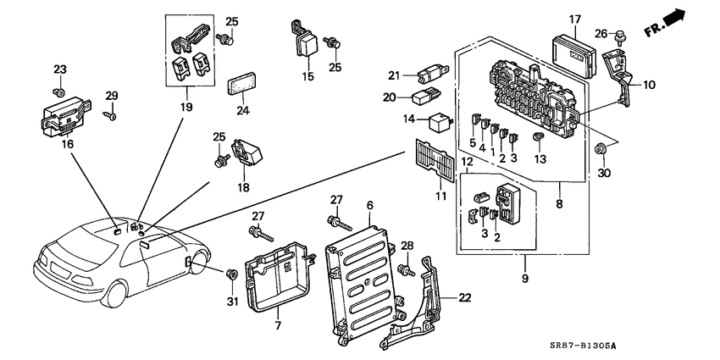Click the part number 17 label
(x=574, y=19)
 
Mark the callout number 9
(x=524, y=279)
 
